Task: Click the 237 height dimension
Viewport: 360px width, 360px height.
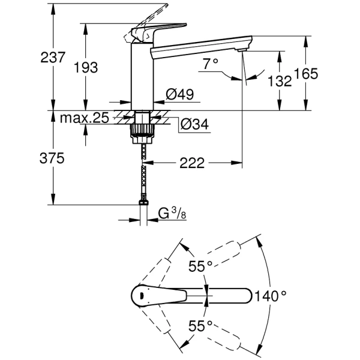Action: click(53, 58)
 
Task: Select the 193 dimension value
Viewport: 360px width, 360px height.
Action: click(86, 67)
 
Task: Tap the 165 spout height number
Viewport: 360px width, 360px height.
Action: click(306, 74)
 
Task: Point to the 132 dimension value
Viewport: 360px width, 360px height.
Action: click(280, 81)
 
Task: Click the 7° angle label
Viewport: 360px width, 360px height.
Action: click(211, 64)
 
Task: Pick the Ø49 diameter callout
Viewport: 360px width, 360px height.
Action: click(180, 94)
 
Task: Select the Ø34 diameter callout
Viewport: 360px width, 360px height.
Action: click(194, 124)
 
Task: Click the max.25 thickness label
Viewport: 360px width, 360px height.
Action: click(84, 118)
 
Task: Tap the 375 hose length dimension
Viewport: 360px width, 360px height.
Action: click(52, 158)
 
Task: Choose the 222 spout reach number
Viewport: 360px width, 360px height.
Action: click(192, 163)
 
